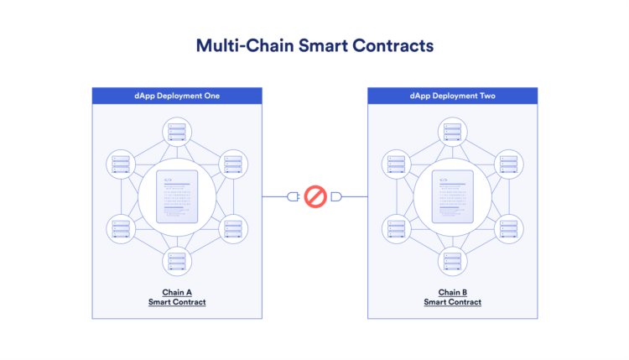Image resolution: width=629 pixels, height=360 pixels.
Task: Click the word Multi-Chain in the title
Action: tap(245, 45)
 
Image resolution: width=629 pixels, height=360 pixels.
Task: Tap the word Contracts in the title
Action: tap(393, 45)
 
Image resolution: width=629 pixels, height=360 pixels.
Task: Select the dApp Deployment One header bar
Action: tap(177, 96)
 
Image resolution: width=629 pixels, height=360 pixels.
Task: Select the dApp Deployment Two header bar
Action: tap(453, 96)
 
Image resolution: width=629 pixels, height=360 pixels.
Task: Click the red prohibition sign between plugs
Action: tap(315, 196)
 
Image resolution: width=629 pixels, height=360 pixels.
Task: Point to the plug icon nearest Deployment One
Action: tap(294, 196)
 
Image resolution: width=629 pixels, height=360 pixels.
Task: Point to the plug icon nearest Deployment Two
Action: tap(336, 196)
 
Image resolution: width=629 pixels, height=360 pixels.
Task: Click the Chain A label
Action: tap(177, 292)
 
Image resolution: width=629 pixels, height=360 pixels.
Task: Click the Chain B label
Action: tap(453, 292)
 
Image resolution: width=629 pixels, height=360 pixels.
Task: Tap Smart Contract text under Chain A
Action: tap(177, 302)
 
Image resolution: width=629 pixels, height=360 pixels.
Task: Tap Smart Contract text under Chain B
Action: tap(453, 302)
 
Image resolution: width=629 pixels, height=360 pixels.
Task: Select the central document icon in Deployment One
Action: tap(177, 196)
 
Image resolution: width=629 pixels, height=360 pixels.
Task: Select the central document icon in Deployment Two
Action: tap(453, 196)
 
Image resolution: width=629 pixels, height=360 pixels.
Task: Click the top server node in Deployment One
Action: tap(177, 132)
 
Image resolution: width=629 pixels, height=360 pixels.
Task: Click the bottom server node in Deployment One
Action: tap(177, 262)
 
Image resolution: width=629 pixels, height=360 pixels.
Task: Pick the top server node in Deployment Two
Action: tap(453, 132)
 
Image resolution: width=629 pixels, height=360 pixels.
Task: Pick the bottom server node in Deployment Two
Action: tap(453, 262)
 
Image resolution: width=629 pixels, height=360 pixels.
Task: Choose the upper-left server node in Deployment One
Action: tap(121, 164)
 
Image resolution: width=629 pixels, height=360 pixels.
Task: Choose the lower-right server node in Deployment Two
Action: tap(509, 229)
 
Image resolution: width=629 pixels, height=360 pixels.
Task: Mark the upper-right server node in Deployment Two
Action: tap(509, 164)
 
